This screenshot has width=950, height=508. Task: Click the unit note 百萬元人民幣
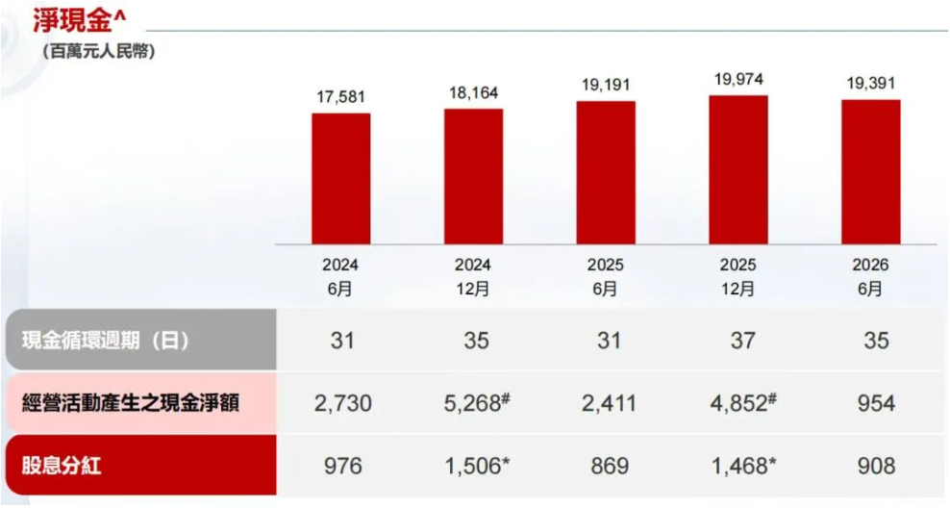tap(99, 52)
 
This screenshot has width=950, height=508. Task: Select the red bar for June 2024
tap(341, 179)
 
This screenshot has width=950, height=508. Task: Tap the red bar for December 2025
tap(738, 169)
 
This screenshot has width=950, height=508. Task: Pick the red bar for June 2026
tap(870, 172)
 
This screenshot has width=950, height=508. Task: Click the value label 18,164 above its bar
tap(474, 93)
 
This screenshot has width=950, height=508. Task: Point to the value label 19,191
tap(606, 85)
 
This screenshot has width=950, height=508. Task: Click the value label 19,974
tap(738, 80)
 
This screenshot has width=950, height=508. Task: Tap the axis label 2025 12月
tap(737, 277)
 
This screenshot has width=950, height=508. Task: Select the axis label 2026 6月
tap(870, 277)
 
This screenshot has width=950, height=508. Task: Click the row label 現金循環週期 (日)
tap(106, 340)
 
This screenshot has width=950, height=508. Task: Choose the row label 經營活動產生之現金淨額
tap(130, 402)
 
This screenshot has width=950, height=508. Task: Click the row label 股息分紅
tap(62, 466)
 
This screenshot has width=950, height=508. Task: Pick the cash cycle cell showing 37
tap(743, 341)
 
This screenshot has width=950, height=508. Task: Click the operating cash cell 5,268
tap(477, 402)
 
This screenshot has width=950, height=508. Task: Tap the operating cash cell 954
tap(876, 403)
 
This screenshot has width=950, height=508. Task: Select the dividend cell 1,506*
tap(477, 466)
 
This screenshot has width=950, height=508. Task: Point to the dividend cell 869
tap(610, 466)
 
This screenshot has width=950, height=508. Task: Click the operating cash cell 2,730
tap(343, 403)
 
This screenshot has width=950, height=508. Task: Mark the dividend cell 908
tap(876, 466)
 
